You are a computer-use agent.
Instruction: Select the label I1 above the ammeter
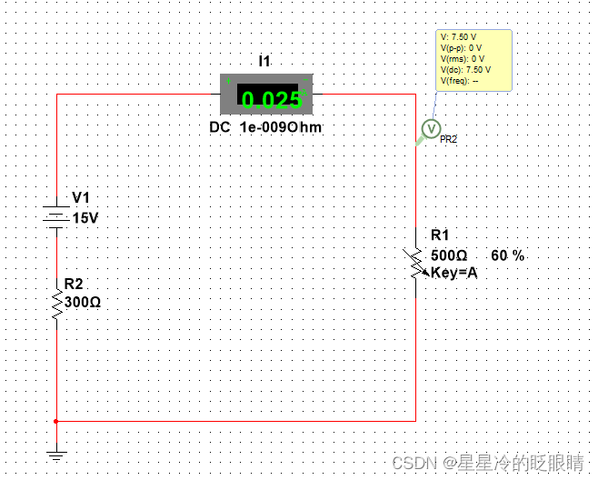point(265,61)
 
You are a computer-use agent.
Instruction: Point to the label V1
point(81,199)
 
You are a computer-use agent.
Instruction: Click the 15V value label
point(85,218)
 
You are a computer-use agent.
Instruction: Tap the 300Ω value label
point(82,302)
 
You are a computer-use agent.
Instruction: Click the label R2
point(74,285)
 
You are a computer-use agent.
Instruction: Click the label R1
point(440,235)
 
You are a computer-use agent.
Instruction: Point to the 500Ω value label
point(449,255)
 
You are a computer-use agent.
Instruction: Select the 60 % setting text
point(508,255)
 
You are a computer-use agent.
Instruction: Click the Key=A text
point(454,272)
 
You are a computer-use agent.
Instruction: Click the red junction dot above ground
point(56,421)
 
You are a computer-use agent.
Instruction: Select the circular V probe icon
point(432,127)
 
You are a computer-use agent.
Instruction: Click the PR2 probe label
point(448,140)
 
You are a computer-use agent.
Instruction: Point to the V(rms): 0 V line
point(462,58)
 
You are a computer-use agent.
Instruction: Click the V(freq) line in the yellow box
point(459,80)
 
